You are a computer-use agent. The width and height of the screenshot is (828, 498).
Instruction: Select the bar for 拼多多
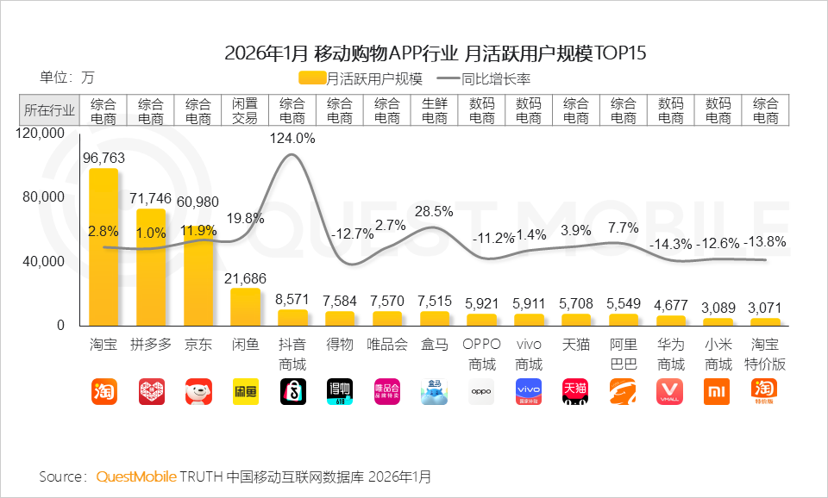pyautogui.click(x=151, y=267)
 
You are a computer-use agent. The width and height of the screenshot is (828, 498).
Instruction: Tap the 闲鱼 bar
pyautogui.click(x=245, y=307)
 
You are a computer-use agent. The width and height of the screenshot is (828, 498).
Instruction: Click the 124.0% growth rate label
pyautogui.click(x=292, y=138)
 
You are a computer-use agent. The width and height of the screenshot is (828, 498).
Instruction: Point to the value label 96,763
pyautogui.click(x=103, y=158)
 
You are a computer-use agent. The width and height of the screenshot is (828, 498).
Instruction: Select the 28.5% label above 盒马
pyautogui.click(x=434, y=211)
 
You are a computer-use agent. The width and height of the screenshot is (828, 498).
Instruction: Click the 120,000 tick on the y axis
pyautogui.click(x=41, y=134)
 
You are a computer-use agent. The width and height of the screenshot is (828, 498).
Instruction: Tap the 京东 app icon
pyautogui.click(x=198, y=391)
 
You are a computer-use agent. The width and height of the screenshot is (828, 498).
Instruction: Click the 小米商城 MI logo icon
pyautogui.click(x=718, y=391)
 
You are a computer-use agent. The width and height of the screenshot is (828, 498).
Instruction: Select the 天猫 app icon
pyautogui.click(x=575, y=391)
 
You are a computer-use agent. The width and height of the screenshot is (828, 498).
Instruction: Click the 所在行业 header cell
pyautogui.click(x=49, y=110)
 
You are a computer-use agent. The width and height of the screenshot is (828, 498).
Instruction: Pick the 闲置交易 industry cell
pyautogui.click(x=245, y=110)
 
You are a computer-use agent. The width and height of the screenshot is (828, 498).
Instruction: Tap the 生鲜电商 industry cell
pyautogui.click(x=434, y=110)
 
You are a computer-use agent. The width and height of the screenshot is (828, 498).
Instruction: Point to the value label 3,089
pyautogui.click(x=718, y=307)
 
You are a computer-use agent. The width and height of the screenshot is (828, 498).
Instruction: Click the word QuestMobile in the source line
pyautogui.click(x=136, y=476)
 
